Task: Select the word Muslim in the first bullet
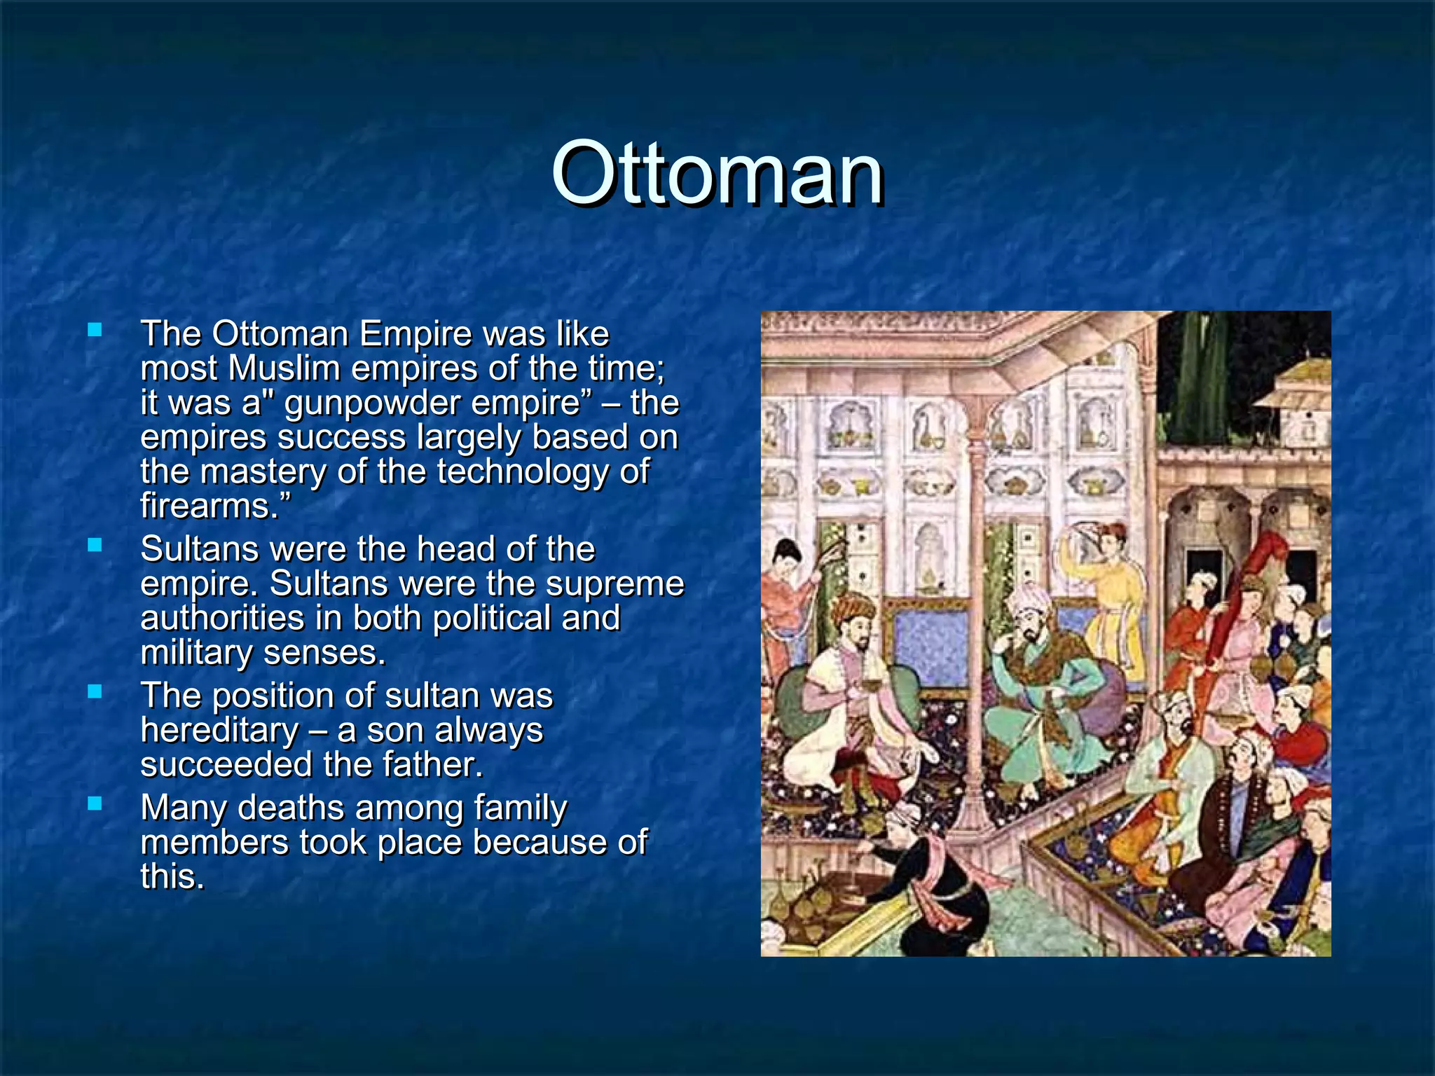284,368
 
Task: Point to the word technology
523,471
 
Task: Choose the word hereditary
219,730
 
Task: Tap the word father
432,764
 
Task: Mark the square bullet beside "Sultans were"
95,544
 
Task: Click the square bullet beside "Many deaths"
95,803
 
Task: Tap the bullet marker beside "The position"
95,691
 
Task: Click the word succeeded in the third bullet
226,764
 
